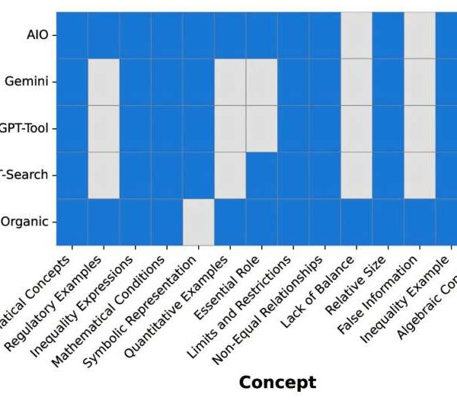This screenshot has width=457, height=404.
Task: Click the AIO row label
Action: [x=37, y=35]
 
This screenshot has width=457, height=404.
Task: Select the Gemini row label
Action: [x=30, y=82]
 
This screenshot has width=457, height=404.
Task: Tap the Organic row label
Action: [x=27, y=222]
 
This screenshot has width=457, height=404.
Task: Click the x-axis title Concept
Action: [x=277, y=381]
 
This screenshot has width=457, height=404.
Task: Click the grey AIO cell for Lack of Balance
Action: [x=356, y=35]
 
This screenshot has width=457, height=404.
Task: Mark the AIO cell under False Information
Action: [x=420, y=35]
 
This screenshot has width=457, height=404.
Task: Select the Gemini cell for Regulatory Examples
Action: [x=104, y=82]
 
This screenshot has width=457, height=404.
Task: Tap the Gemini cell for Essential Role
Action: [x=261, y=82]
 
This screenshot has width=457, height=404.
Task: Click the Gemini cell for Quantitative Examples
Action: [x=230, y=82]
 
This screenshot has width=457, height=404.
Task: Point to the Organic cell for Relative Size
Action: [x=388, y=222]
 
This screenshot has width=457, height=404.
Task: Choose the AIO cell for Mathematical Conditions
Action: [x=167, y=35]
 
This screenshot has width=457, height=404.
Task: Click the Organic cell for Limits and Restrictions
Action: [x=293, y=222]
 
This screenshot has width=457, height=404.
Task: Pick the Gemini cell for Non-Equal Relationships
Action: [x=324, y=82]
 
